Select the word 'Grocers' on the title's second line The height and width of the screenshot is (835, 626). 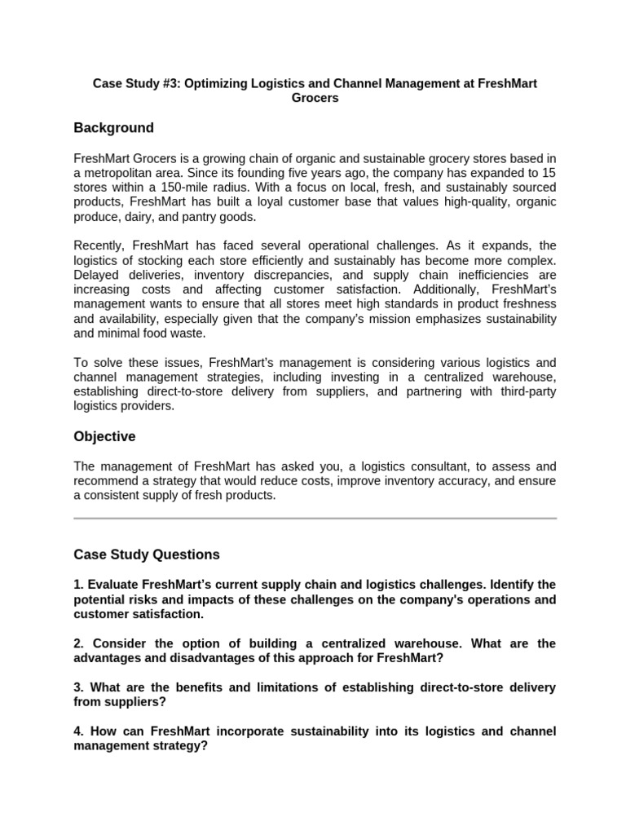[x=315, y=98]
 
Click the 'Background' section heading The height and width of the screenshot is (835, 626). [x=113, y=128]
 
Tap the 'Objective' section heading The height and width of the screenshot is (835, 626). [x=104, y=436]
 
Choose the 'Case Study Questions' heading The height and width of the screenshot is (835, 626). [x=147, y=554]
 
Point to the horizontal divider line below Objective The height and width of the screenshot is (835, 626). [x=315, y=518]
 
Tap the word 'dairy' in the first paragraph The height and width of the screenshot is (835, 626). [x=139, y=216]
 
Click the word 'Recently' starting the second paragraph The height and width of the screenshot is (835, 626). [x=99, y=245]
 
